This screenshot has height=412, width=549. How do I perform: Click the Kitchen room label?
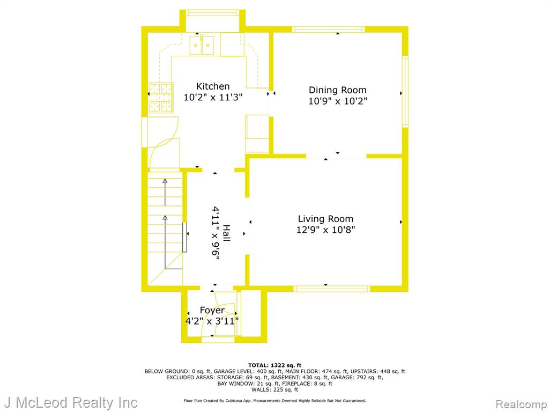click(212, 86)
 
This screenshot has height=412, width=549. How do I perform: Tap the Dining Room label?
click(338, 90)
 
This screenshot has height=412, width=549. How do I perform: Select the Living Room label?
click(325, 219)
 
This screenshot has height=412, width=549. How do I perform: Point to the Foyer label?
click(212, 311)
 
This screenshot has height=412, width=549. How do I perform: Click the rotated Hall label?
click(227, 233)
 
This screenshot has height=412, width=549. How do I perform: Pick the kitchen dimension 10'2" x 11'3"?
click(213, 97)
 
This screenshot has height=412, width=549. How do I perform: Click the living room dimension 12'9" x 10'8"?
click(325, 230)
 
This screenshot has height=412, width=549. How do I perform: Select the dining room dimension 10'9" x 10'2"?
click(338, 101)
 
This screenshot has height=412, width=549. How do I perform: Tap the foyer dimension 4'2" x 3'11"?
click(212, 321)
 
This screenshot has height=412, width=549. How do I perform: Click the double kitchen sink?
click(202, 45)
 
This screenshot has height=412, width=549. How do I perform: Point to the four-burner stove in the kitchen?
click(161, 98)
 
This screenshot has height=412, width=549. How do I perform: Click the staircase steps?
click(165, 227)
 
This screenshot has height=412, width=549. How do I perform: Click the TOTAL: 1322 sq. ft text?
click(274, 365)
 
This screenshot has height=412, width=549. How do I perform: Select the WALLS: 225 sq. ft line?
click(275, 389)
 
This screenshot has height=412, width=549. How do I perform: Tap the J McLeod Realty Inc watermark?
click(71, 402)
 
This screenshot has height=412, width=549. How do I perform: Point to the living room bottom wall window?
click(331, 289)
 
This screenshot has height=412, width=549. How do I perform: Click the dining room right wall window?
click(405, 91)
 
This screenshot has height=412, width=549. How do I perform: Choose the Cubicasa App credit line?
click(274, 400)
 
